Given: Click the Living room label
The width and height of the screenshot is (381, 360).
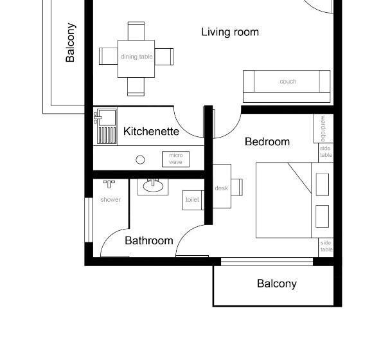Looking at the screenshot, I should tap(230, 32).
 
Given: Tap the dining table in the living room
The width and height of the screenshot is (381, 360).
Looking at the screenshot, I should tap(136, 57).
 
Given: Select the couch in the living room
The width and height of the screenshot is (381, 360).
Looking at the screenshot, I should tap(287, 82).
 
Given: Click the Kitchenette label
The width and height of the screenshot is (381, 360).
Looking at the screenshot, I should tap(151, 131).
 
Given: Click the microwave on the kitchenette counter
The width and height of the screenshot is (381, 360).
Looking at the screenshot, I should tap(175, 158).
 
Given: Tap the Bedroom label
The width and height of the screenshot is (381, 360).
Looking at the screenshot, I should tap(267, 141).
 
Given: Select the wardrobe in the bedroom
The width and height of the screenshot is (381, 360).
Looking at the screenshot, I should tap(323, 129).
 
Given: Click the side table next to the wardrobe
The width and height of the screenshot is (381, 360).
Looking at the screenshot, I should tap(326, 152).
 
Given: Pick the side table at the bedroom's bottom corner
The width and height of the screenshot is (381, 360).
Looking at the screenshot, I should tap(326, 247).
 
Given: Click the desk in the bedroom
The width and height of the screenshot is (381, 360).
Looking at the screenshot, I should tap(222, 187).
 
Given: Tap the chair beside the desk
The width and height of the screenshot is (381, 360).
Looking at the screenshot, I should tap(236, 187).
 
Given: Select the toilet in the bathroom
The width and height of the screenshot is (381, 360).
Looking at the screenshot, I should tap(192, 200).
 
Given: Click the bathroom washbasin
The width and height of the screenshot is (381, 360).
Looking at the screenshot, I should tap(153, 186).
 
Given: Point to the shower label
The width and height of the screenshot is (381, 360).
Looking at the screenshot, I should tap(110, 199).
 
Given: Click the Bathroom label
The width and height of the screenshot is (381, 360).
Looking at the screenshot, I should tap(148, 240).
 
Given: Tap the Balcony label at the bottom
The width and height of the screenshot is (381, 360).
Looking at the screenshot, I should tap(276, 283).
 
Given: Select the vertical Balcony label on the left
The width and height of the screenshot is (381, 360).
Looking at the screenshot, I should tap(71, 43).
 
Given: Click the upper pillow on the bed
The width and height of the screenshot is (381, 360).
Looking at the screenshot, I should tap(322, 183).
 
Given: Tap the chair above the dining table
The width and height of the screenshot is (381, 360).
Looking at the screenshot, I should tap(136, 30).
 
